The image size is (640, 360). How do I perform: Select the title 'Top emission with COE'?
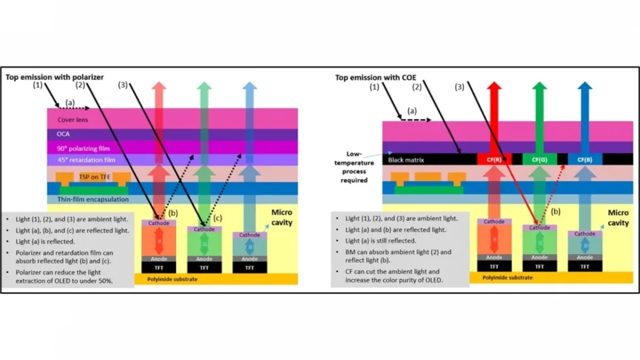coord(375,77)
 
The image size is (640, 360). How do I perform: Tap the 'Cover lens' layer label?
coord(73,119)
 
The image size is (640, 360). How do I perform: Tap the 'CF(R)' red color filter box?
coord(494,159)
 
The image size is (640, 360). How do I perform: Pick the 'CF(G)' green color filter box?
coord(539,159)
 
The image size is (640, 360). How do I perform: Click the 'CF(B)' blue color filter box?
coord(585,159)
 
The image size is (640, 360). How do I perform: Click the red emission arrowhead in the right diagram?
coord(494,87)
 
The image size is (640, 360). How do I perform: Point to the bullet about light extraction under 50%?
coord(69,277)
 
